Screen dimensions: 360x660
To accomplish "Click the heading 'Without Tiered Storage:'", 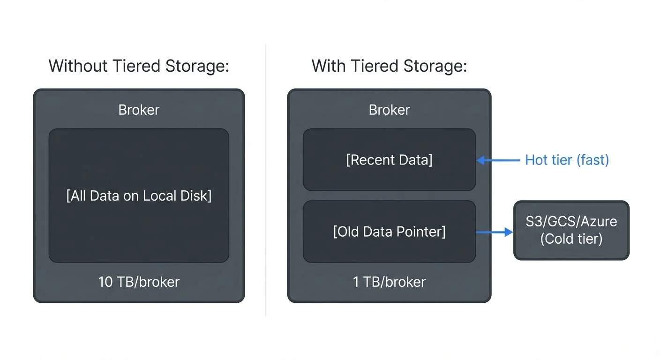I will [x=139, y=66].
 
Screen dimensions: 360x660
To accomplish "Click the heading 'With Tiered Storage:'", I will [x=389, y=66].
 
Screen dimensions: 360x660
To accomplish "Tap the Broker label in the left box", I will [x=139, y=110].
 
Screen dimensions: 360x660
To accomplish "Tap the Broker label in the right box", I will [x=389, y=110].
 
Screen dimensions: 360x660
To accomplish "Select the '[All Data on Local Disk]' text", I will [x=139, y=195].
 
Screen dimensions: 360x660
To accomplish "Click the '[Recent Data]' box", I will [x=389, y=160].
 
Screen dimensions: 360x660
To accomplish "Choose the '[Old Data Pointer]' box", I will [x=389, y=232].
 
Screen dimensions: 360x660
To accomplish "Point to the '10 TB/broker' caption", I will [x=139, y=282].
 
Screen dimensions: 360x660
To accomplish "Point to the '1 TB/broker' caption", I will [x=389, y=282].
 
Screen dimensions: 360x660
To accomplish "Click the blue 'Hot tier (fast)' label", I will [x=567, y=160].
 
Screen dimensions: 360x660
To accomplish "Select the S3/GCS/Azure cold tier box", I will [x=571, y=230].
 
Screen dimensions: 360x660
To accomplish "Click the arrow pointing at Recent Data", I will [x=498, y=160].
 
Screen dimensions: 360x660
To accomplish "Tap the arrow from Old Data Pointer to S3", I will [x=495, y=232].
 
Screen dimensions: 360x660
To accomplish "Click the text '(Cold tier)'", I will [x=571, y=239].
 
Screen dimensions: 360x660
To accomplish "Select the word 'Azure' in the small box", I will [x=599, y=221].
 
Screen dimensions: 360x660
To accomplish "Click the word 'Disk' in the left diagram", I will [x=197, y=195].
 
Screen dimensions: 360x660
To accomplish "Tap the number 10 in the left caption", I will [x=105, y=282].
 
